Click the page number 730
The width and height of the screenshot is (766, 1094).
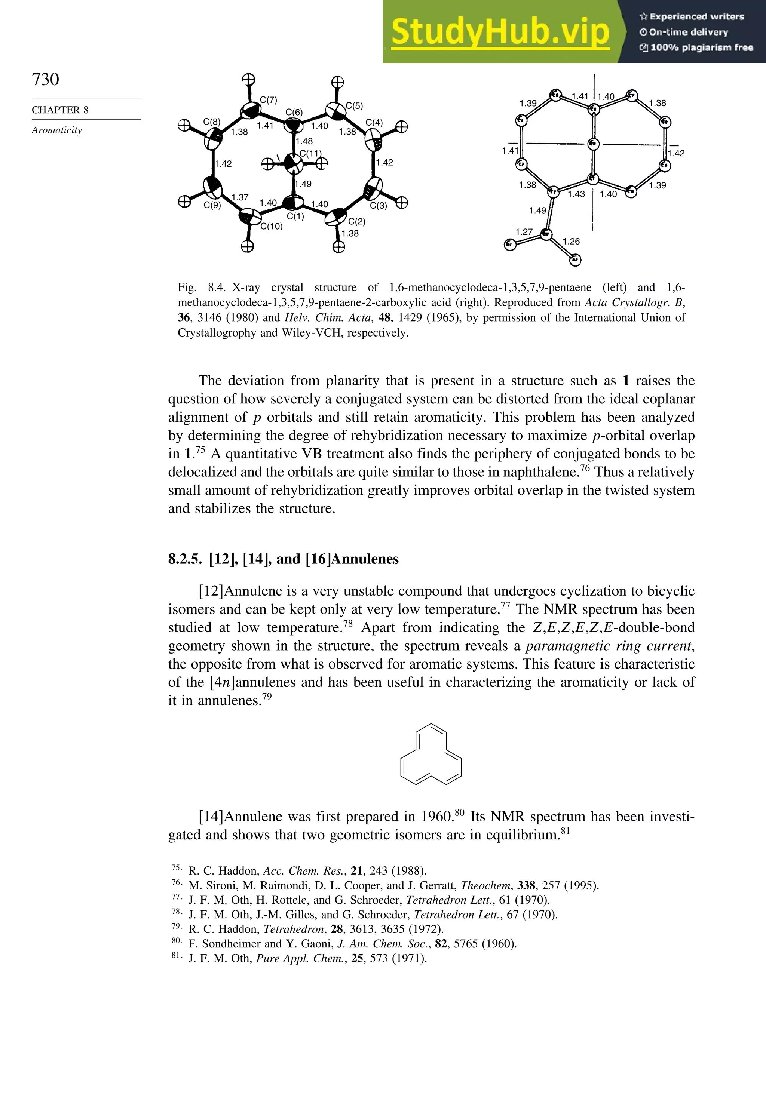(45, 79)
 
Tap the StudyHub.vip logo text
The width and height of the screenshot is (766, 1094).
(500, 31)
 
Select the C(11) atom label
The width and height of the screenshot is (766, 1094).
(310, 153)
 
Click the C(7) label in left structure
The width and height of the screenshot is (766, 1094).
(269, 100)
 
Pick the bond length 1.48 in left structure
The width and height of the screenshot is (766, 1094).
(304, 141)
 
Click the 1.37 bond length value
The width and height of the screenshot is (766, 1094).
(240, 197)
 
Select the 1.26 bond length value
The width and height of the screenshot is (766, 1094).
(571, 242)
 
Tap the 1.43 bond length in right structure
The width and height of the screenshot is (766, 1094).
(576, 194)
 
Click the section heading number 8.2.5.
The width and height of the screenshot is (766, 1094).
(186, 559)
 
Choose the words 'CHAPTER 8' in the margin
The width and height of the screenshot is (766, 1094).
(60, 110)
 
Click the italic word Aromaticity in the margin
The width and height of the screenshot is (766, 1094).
(57, 130)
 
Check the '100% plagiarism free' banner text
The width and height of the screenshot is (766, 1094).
(696, 47)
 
